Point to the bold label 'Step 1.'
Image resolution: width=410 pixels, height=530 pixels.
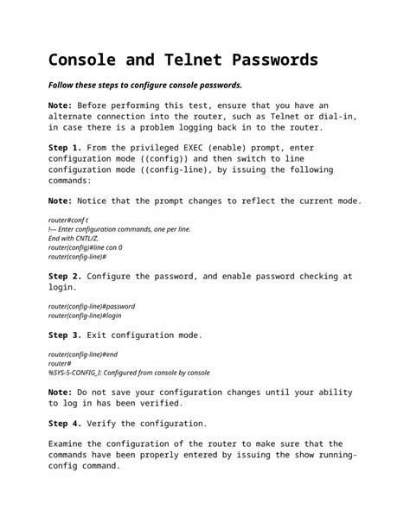(x=66, y=148)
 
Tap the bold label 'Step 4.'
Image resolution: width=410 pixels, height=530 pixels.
(x=66, y=424)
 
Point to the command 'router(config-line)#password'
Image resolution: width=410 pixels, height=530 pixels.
(x=91, y=306)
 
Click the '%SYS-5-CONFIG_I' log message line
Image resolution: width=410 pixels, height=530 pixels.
(x=129, y=373)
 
